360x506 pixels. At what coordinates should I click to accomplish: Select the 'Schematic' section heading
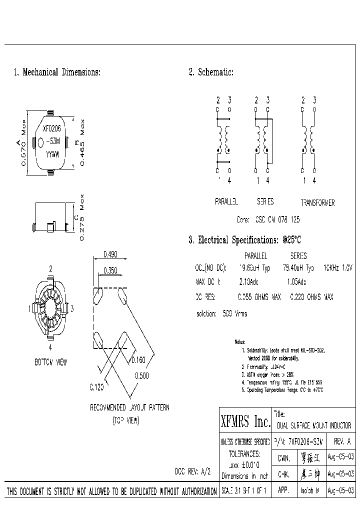click(x=211, y=72)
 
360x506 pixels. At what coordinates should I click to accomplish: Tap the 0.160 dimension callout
click(x=138, y=359)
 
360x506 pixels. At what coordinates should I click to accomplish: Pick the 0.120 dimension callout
click(x=97, y=386)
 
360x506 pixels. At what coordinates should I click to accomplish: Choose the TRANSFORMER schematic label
click(x=317, y=203)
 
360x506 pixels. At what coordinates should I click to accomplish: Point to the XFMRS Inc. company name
click(x=245, y=422)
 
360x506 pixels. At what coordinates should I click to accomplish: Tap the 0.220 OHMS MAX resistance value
click(x=311, y=297)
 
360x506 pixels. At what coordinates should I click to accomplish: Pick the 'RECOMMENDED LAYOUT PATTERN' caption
click(x=129, y=407)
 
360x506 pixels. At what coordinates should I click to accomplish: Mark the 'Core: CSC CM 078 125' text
click(x=267, y=219)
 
